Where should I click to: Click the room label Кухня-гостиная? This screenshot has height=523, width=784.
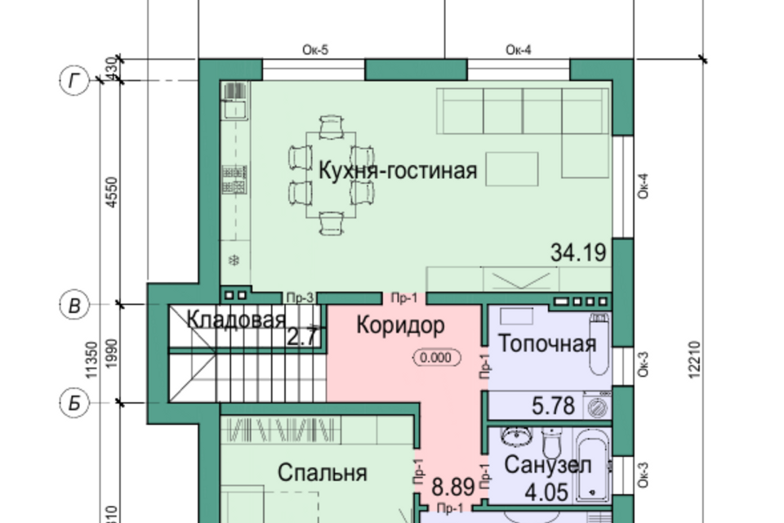point(397,171)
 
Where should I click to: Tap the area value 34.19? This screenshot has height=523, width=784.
point(578,253)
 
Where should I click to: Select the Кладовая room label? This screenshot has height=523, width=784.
point(236,320)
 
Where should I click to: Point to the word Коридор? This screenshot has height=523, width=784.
point(400,326)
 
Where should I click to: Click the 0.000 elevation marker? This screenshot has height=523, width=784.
point(437,357)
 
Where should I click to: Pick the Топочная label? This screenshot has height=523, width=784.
point(546,343)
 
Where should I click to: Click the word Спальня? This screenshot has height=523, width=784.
point(322,472)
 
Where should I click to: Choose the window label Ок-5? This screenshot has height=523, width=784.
point(314,51)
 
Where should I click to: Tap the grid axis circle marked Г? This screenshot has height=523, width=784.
point(75,80)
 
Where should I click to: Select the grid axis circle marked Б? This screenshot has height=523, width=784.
point(75,402)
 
